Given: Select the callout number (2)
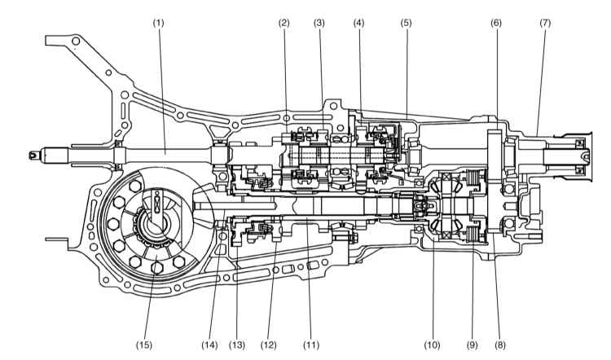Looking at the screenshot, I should tap(285, 22).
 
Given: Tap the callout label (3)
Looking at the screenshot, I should tap(319, 22).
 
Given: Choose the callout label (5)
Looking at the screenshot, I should tap(406, 22).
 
